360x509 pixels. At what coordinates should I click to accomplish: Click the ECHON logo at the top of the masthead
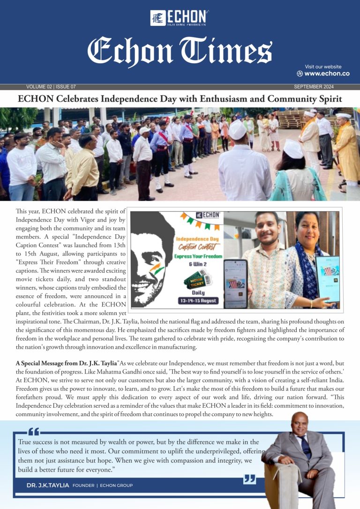click(180, 18)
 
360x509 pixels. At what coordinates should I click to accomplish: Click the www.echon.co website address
click(327, 74)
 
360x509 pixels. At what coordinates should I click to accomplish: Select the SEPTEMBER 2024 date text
click(314, 87)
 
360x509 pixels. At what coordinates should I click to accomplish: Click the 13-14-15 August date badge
click(197, 300)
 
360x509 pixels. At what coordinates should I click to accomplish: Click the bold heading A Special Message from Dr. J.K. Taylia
click(66, 363)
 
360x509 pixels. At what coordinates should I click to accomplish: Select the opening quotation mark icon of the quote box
click(34, 432)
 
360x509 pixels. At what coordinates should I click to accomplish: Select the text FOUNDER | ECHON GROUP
click(103, 485)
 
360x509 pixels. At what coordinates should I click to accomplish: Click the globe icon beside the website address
click(300, 74)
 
